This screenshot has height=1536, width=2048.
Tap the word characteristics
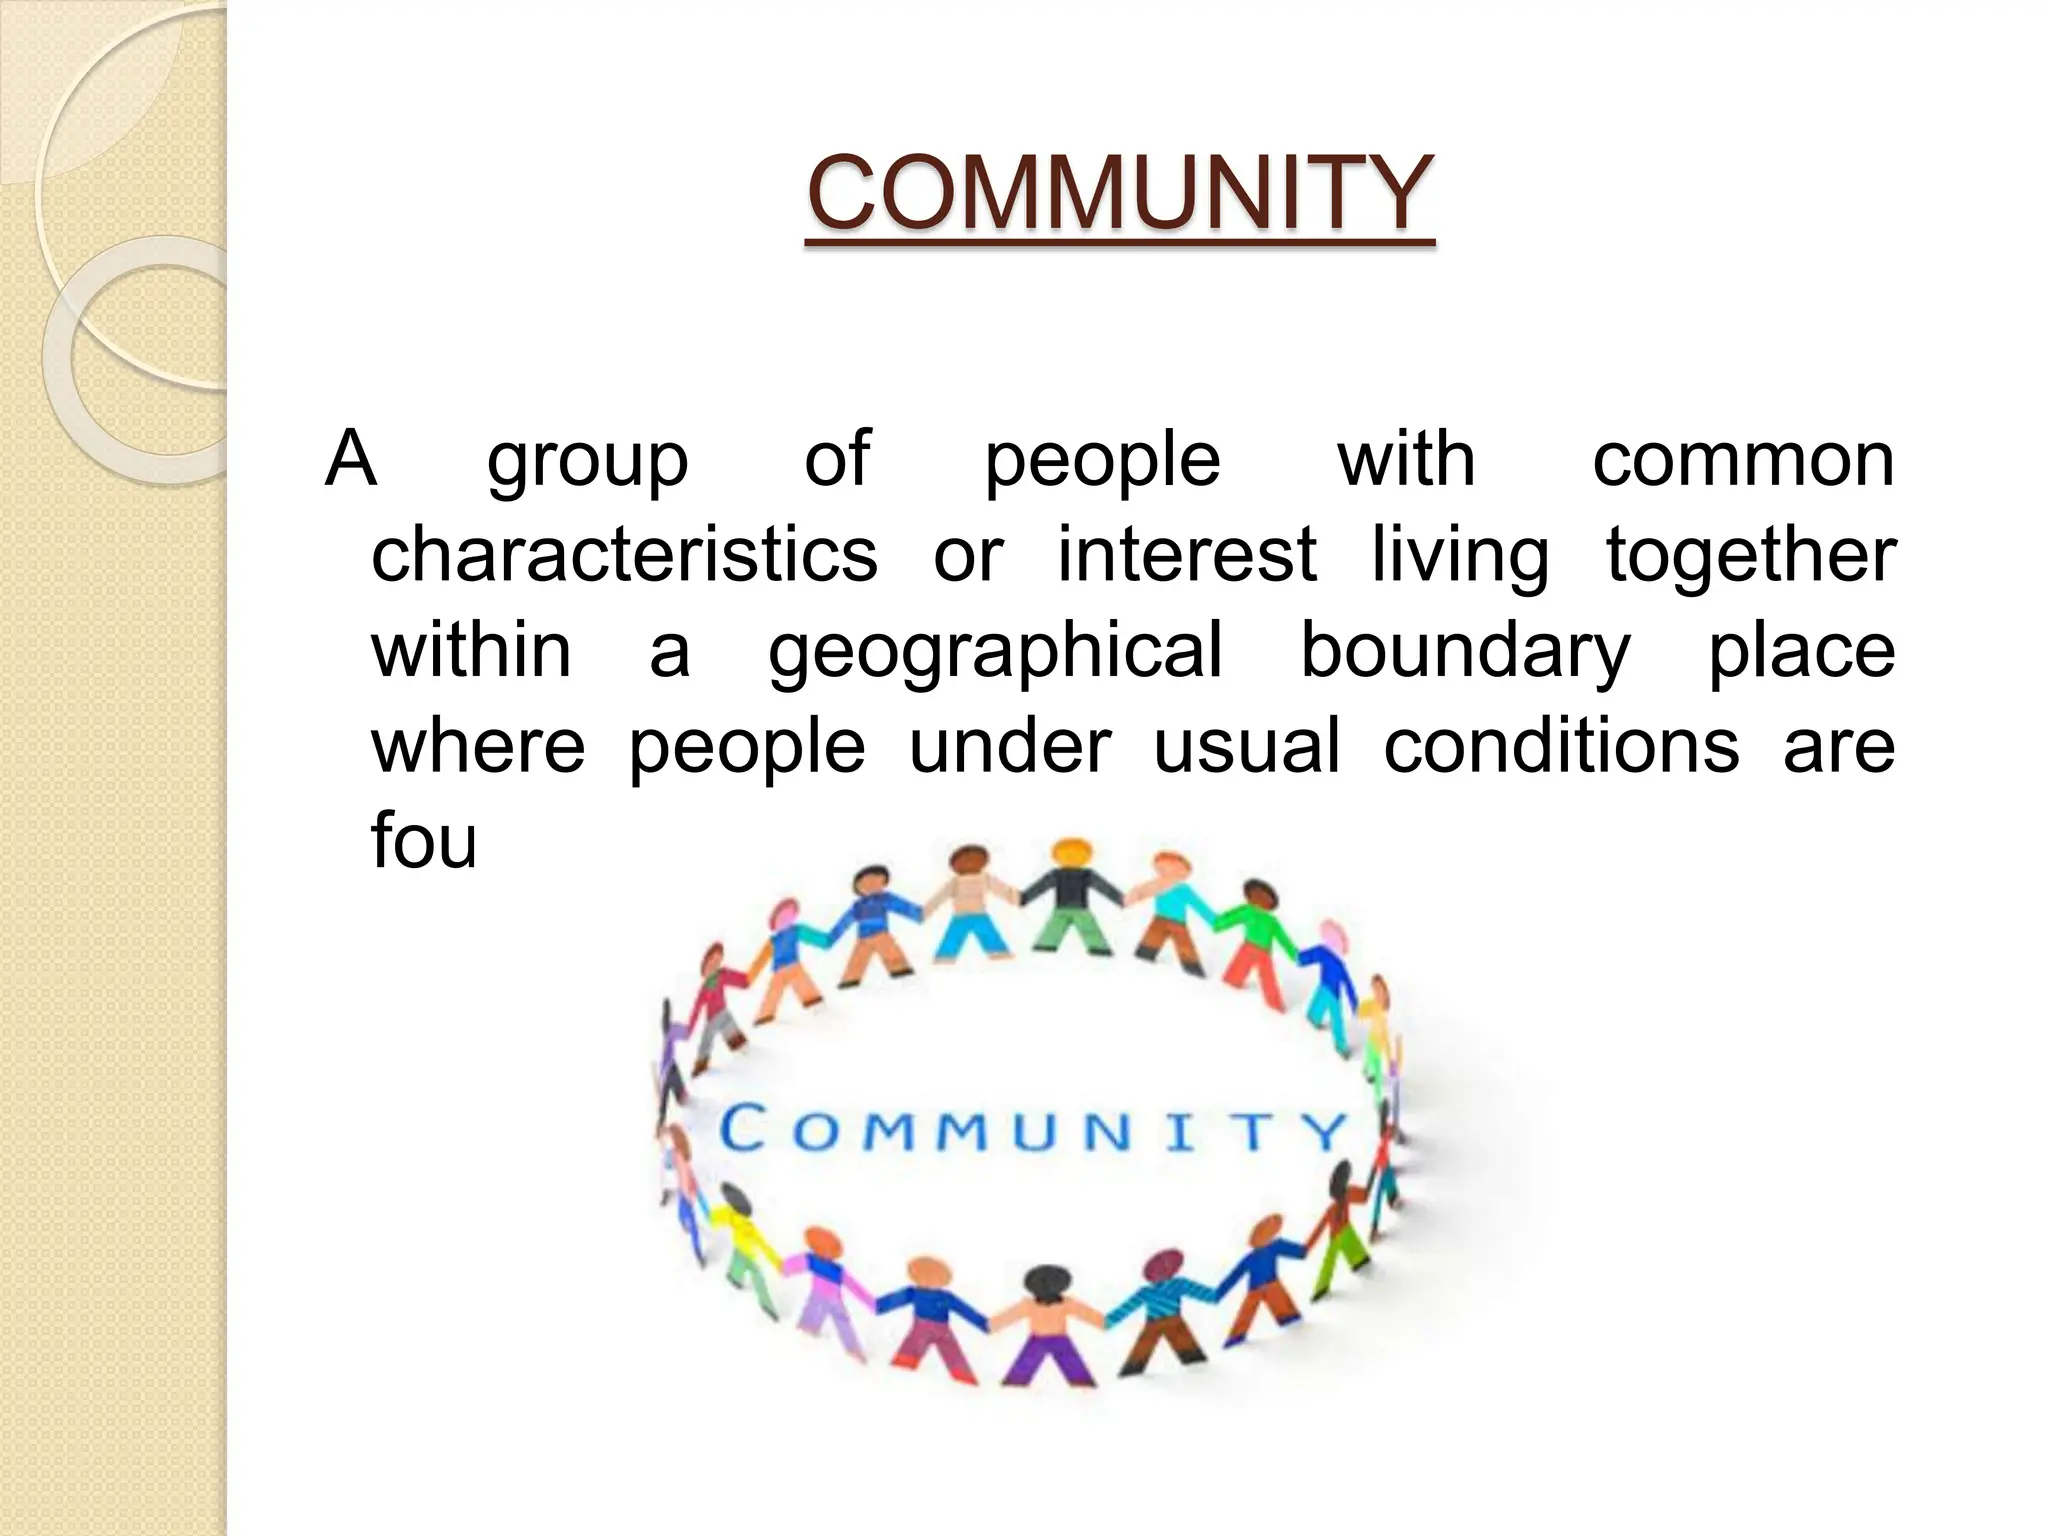pyautogui.click(x=624, y=554)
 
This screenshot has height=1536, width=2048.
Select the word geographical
pyautogui.click(x=996, y=650)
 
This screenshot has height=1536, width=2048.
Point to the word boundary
pyautogui.click(x=1464, y=650)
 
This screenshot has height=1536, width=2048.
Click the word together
pyautogui.click(x=1750, y=554)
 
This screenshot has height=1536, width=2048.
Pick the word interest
pyautogui.click(x=1187, y=554)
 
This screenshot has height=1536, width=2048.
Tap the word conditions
pyautogui.click(x=1561, y=745)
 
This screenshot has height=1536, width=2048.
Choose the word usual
pyautogui.click(x=1246, y=745)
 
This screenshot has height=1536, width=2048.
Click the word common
pyautogui.click(x=1743, y=459)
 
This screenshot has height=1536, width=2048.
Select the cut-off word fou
pyautogui.click(x=424, y=840)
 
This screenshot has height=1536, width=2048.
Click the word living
pyautogui.click(x=1460, y=556)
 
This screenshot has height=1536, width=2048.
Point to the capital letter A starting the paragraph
pyautogui.click(x=351, y=459)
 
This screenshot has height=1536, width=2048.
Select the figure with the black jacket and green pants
pyautogui.click(x=1069, y=900)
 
